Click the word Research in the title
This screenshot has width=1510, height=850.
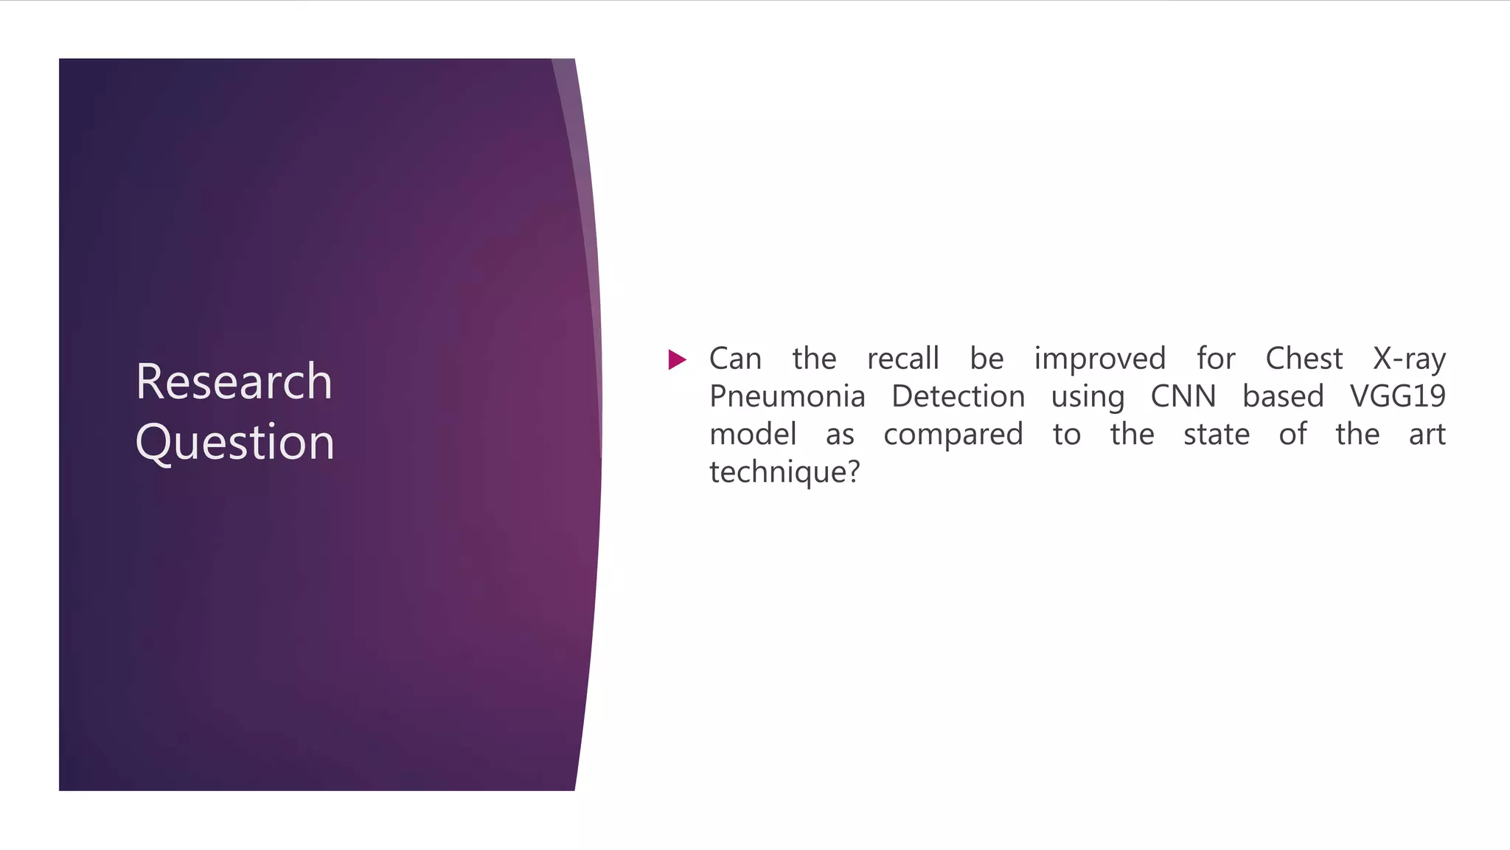pyautogui.click(x=234, y=381)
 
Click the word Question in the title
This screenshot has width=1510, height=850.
pyautogui.click(x=234, y=443)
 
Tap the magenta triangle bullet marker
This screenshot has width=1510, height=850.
pyautogui.click(x=677, y=360)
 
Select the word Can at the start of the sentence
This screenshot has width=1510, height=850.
pyautogui.click(x=735, y=359)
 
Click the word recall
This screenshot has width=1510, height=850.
pyautogui.click(x=902, y=359)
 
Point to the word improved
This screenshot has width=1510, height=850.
pyautogui.click(x=1099, y=359)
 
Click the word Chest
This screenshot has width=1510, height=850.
pyautogui.click(x=1304, y=359)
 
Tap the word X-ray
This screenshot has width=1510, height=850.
pyautogui.click(x=1409, y=359)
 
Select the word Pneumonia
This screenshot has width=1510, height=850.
pyautogui.click(x=787, y=397)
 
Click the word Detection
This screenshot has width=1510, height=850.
pyautogui.click(x=958, y=397)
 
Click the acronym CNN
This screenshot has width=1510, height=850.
pyautogui.click(x=1183, y=397)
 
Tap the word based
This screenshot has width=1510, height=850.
pyautogui.click(x=1283, y=397)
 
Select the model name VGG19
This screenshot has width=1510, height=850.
pyautogui.click(x=1397, y=397)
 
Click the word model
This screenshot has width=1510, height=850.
pyautogui.click(x=753, y=435)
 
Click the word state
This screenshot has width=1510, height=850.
pyautogui.click(x=1216, y=435)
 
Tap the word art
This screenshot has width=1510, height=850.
pyautogui.click(x=1427, y=435)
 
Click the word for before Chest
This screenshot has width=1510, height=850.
pyautogui.click(x=1215, y=359)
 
